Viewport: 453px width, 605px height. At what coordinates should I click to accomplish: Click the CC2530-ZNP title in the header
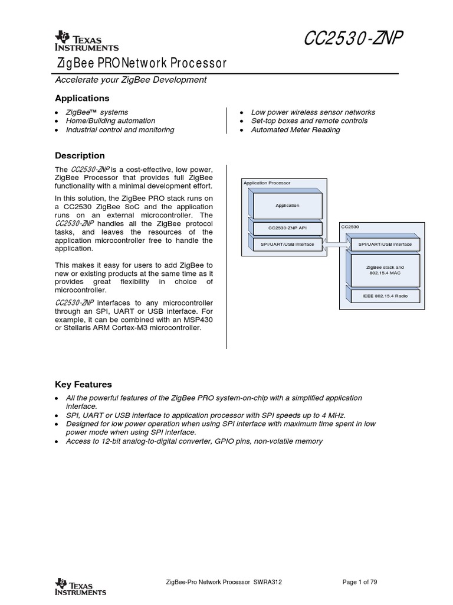pyautogui.click(x=353, y=40)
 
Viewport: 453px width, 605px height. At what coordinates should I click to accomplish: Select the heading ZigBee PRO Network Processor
pyautogui.click(x=141, y=63)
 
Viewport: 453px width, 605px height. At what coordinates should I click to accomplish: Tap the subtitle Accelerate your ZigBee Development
pyautogui.click(x=130, y=80)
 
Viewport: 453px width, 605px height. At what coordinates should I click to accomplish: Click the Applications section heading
pyautogui.click(x=82, y=98)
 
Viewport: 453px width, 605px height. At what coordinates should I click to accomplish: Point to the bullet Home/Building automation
pyautogui.click(x=110, y=121)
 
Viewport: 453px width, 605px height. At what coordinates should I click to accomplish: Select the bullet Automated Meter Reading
pyautogui.click(x=296, y=129)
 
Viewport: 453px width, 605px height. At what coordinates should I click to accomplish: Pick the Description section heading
pyautogui.click(x=80, y=156)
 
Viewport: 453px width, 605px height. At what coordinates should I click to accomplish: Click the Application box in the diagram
pyautogui.click(x=287, y=206)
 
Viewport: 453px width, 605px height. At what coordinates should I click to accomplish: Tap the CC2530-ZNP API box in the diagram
pyautogui.click(x=287, y=227)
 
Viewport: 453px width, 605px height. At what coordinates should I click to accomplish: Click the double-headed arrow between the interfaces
pyautogui.click(x=337, y=244)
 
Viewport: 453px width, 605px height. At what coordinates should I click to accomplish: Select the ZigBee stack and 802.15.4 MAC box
pyautogui.click(x=385, y=271)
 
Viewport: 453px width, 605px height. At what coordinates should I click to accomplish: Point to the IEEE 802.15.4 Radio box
pyautogui.click(x=385, y=295)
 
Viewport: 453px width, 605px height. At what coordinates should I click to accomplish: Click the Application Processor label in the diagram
pyautogui.click(x=267, y=183)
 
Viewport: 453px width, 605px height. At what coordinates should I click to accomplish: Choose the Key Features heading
pyautogui.click(x=83, y=385)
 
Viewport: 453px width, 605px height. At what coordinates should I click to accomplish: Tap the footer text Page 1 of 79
pyautogui.click(x=360, y=582)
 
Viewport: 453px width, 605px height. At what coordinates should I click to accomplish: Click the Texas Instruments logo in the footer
pyautogui.click(x=80, y=587)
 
